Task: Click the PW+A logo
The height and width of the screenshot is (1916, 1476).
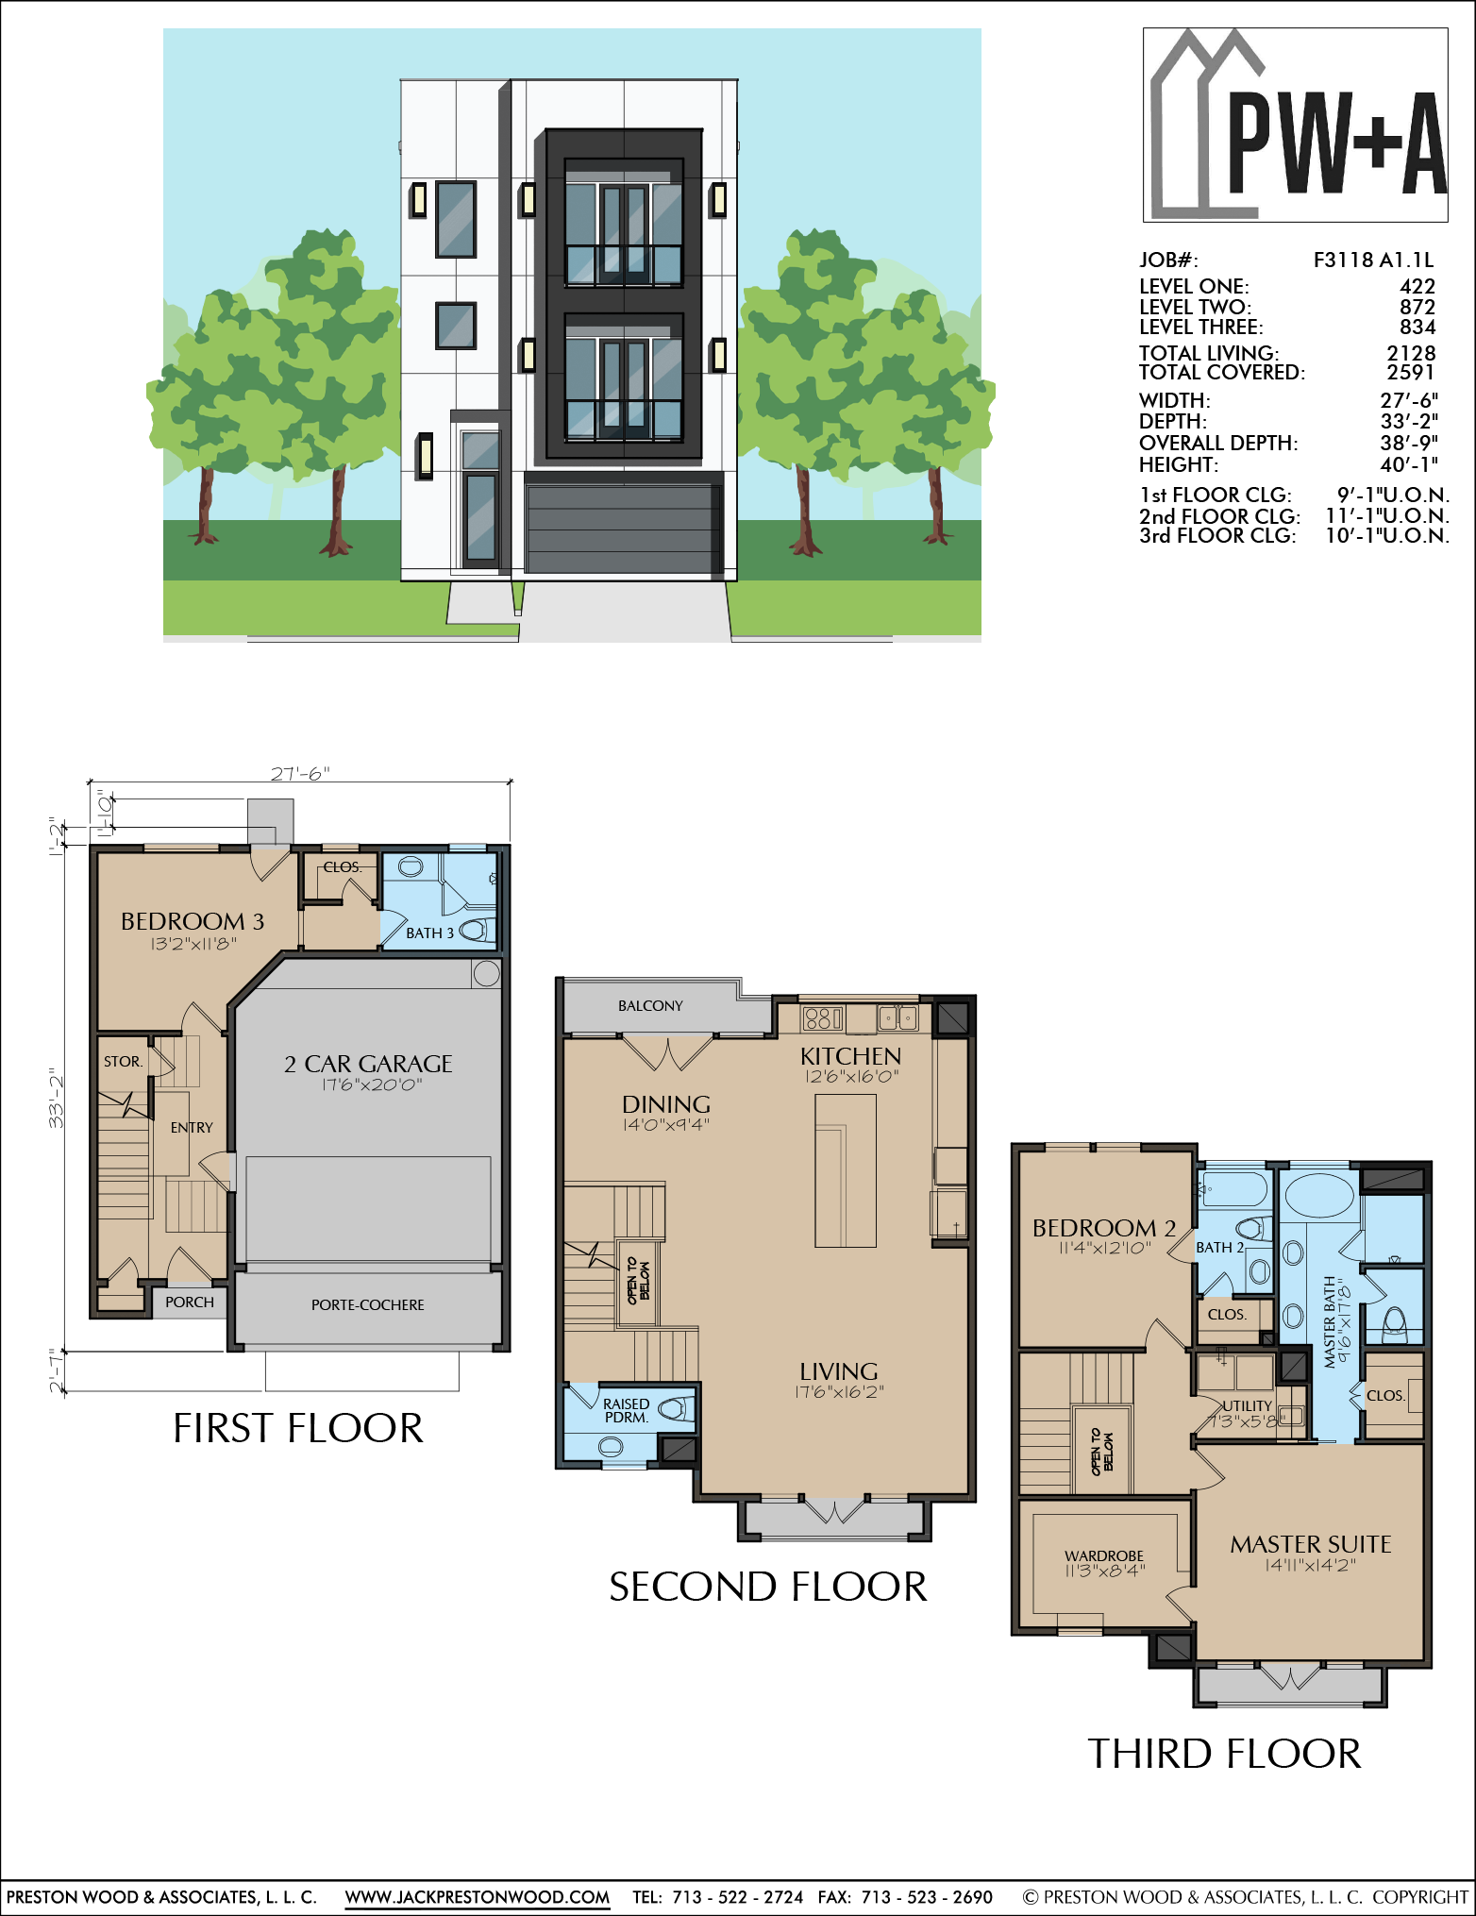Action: coord(1295,125)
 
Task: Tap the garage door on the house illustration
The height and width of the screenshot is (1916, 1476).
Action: coord(623,529)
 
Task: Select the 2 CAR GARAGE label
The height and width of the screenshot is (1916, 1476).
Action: coord(368,1064)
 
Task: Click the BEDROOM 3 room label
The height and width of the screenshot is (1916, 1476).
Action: coord(193,921)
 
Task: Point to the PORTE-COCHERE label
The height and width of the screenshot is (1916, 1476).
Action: coord(368,1304)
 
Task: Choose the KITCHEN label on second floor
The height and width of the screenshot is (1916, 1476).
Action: coord(850,1056)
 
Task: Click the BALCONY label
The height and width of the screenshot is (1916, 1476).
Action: coord(650,1006)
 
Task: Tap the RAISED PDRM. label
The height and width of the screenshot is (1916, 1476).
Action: coord(626,1410)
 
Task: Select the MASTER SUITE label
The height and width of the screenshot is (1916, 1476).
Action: coord(1311,1544)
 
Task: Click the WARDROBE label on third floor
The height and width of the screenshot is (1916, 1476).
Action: coord(1104,1555)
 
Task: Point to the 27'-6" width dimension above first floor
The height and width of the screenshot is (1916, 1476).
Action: coord(300,773)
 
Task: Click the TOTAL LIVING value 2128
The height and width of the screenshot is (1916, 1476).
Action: coord(1411,353)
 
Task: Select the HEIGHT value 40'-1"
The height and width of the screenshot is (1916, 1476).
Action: coord(1409,464)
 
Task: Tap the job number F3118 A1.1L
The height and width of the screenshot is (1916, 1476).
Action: coord(1373,260)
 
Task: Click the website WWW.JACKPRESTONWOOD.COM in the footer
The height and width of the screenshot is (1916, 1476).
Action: coord(478,1897)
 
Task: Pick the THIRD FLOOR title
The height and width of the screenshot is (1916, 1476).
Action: coord(1224,1754)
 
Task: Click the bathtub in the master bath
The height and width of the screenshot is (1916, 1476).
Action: coord(1319,1195)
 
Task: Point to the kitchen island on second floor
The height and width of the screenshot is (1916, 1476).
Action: coord(846,1170)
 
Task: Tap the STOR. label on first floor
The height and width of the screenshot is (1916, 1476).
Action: coord(123,1062)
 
